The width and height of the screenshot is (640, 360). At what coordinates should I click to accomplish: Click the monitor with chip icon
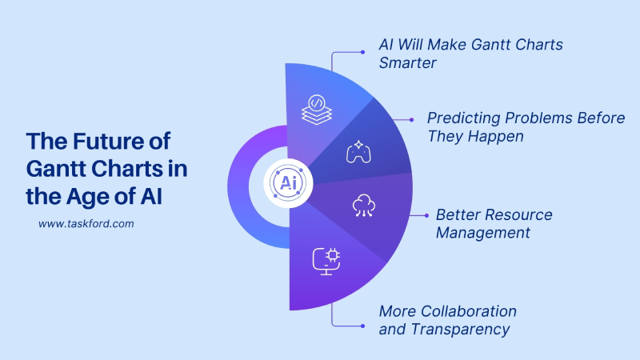pos(326,261)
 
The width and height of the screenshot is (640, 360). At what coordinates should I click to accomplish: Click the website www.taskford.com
pos(86,224)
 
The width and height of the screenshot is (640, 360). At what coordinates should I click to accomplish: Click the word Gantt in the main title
pos(54,168)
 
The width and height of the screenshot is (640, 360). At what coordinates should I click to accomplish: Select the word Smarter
pos(408,63)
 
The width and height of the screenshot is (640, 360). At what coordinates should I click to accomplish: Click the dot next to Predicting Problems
pos(412,118)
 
